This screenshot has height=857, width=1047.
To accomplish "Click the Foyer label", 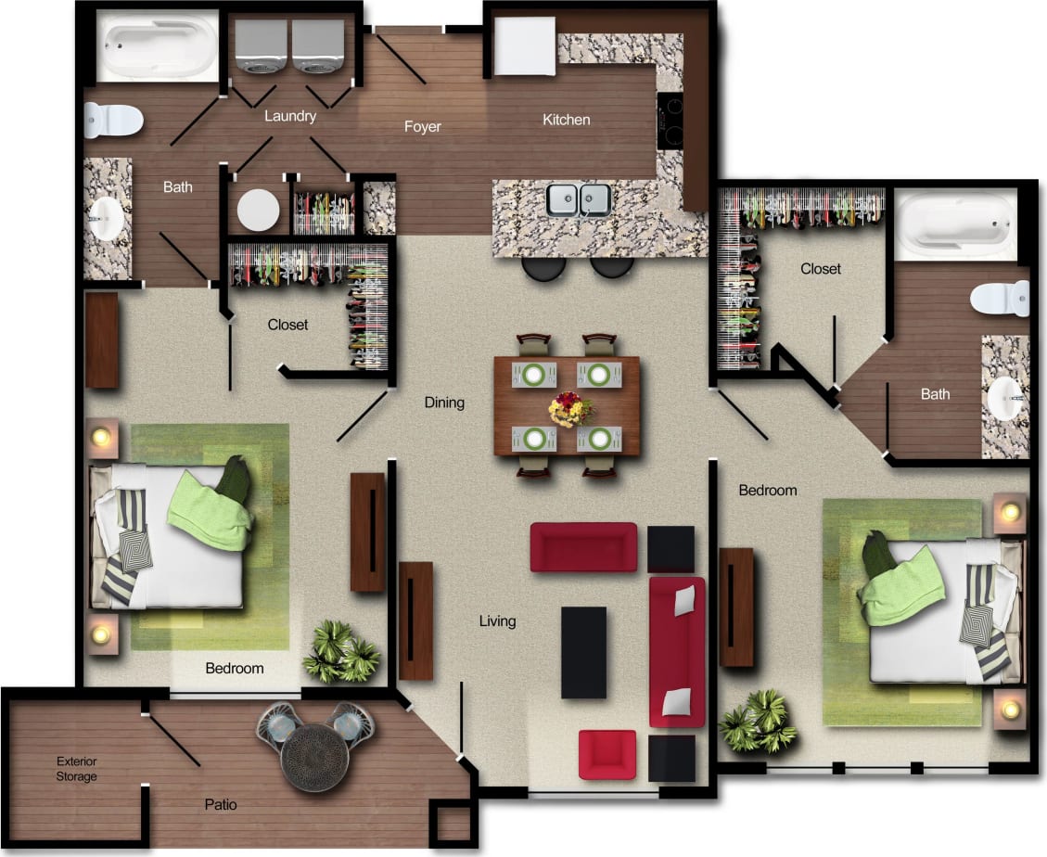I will (422, 126).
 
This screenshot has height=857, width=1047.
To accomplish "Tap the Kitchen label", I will (566, 120).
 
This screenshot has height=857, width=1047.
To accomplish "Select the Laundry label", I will (290, 116).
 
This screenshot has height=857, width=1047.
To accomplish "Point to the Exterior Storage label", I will (76, 769).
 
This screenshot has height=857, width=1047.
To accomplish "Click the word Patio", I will (220, 804).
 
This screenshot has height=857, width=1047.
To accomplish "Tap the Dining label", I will (444, 403).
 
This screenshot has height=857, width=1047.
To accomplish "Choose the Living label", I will (497, 620).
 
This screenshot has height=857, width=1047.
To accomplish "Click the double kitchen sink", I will (578, 199).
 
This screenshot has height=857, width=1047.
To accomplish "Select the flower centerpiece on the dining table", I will (568, 407).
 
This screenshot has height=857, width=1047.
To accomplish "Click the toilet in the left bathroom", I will (113, 120).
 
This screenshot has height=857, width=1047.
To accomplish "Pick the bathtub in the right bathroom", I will (956, 224).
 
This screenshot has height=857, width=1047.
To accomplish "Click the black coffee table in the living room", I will (583, 652).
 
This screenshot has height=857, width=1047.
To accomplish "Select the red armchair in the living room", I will (607, 754).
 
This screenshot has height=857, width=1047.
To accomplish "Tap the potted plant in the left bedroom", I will (340, 651).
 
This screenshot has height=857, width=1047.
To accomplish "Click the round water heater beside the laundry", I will (258, 211).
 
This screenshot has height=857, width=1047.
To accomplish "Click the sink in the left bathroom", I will (108, 218).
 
